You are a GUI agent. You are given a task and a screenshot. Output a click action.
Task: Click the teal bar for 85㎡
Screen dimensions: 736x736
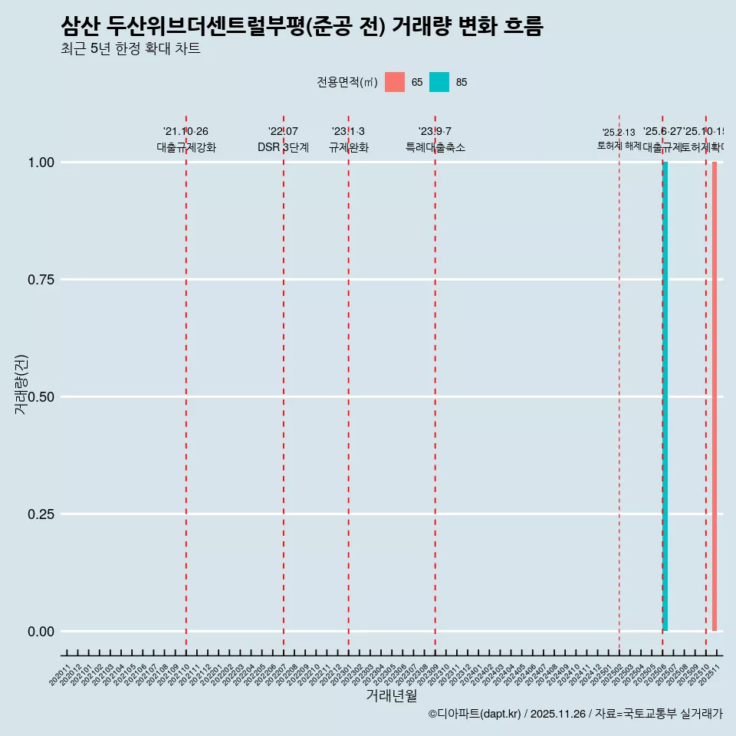tap(665, 396)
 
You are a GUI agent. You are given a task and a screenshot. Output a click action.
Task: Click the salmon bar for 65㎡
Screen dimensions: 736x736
tap(715, 396)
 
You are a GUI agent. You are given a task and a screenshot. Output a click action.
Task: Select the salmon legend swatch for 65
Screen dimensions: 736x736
tap(395, 82)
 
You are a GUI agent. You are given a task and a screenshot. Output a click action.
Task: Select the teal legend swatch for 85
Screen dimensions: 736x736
tap(439, 82)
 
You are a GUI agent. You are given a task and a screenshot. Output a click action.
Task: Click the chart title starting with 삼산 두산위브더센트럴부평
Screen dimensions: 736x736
tap(301, 27)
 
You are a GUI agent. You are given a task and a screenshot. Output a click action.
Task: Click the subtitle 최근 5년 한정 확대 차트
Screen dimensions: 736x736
tap(130, 49)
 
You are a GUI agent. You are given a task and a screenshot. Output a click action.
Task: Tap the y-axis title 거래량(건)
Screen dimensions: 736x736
tap(21, 384)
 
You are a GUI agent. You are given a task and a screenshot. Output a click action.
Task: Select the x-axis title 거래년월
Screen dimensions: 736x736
tap(391, 695)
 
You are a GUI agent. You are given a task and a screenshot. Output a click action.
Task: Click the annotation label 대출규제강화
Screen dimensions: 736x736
tap(186, 147)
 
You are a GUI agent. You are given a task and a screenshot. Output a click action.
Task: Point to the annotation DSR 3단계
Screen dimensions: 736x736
tap(283, 147)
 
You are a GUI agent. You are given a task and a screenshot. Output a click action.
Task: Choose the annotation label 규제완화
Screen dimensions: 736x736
tap(349, 147)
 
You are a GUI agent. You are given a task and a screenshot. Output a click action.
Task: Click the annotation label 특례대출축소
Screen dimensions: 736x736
tap(435, 147)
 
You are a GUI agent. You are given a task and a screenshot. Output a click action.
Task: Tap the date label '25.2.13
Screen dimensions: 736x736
tap(619, 133)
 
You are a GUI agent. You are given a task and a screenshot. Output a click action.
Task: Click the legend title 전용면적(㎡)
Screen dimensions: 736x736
tap(347, 82)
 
